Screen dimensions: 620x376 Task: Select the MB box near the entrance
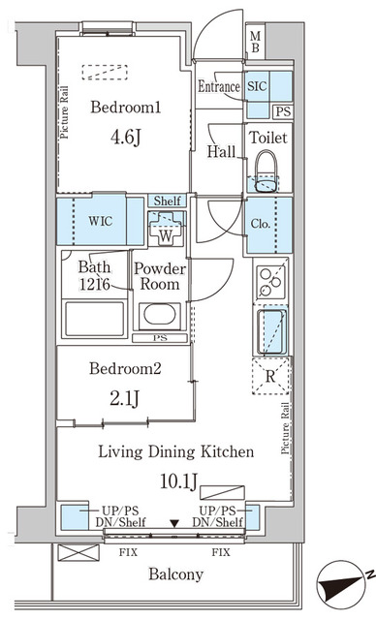[255, 43]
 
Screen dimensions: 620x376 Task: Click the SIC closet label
[258, 86]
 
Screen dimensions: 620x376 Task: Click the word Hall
[220, 151]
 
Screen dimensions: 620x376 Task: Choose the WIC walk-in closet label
[101, 221]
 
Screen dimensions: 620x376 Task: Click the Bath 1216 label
[94, 275]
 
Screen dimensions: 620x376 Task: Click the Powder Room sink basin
[157, 317]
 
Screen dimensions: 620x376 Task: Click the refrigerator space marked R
[271, 377]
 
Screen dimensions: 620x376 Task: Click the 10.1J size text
[175, 481]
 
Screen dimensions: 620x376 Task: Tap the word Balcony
[175, 574]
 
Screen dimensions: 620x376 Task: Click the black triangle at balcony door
[174, 524]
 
